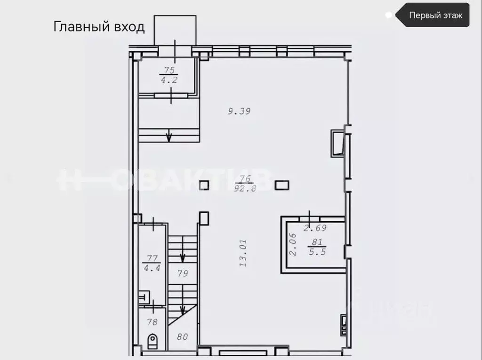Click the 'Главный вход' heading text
99,26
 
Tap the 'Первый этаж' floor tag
435,15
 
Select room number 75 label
168,71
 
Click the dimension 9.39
239,112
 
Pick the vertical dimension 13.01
243,253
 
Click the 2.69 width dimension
315,229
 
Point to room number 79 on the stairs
183,273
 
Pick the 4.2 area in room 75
168,80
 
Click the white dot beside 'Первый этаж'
388,15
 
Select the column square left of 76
204,185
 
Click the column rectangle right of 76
282,185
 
